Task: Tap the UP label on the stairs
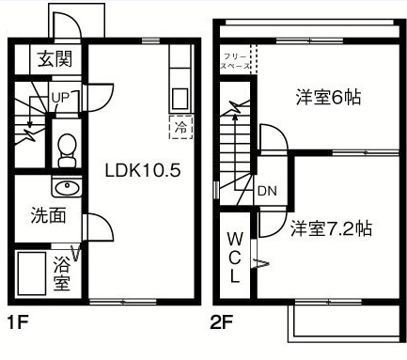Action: point(59,98)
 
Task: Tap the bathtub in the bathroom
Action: point(35,273)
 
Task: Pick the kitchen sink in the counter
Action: point(179,98)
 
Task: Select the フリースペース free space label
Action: point(235,62)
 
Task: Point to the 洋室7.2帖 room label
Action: point(330,227)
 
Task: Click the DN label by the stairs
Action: point(266,190)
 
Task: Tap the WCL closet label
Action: point(235,256)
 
